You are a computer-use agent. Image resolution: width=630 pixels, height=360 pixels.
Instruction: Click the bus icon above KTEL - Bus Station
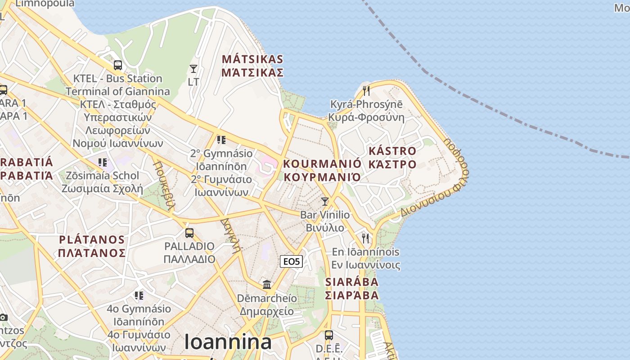(x=118, y=65)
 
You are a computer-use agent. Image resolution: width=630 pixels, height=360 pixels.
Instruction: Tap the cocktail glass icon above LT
(x=193, y=69)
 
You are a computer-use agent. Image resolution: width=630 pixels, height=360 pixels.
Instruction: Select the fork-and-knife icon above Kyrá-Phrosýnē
(x=366, y=91)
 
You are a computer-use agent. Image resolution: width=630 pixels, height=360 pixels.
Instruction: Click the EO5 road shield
(x=291, y=261)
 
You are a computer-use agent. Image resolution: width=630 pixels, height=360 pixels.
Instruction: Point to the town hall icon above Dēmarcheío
(x=267, y=284)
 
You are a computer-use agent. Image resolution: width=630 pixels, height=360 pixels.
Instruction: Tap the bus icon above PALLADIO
(x=189, y=233)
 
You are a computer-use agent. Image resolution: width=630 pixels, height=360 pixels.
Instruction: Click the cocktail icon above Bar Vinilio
(x=325, y=201)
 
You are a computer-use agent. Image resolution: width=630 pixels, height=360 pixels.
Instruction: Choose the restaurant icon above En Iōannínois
(x=365, y=238)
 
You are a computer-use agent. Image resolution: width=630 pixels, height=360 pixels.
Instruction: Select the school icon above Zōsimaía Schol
(x=103, y=162)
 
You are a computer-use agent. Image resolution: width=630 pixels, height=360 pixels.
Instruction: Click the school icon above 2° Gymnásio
(x=221, y=140)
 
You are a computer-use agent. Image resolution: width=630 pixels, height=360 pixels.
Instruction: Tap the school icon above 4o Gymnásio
(x=139, y=296)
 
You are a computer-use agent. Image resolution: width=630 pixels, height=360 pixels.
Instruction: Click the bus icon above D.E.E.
(x=329, y=335)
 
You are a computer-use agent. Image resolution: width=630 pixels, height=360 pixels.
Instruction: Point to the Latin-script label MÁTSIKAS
(x=252, y=59)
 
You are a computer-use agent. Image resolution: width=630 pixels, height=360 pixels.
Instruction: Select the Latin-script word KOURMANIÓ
(x=322, y=163)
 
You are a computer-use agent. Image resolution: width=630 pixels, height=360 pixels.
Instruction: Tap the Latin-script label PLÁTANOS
(x=92, y=239)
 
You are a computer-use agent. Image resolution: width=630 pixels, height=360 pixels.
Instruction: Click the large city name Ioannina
(x=228, y=342)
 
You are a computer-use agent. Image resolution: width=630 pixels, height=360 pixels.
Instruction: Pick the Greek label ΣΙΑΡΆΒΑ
(x=352, y=295)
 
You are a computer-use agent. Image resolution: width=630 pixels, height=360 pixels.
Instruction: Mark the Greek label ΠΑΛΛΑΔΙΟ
(x=189, y=259)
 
